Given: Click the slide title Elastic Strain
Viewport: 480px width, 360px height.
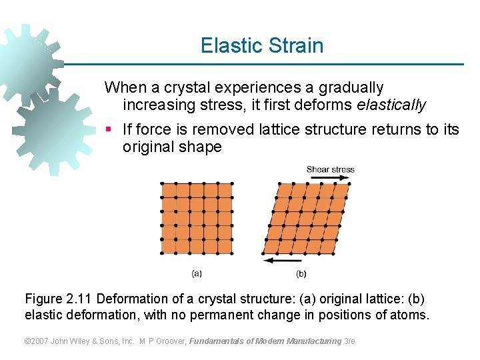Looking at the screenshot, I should [x=262, y=45].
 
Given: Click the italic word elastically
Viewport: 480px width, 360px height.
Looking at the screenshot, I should [x=391, y=105].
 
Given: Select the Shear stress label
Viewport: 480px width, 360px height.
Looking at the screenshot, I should [x=330, y=169].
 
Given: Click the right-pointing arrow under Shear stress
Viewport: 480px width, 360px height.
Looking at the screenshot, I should [x=330, y=179].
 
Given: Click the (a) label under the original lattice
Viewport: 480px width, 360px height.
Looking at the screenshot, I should [x=197, y=273].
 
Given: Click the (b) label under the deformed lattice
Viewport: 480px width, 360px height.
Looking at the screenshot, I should [x=301, y=273].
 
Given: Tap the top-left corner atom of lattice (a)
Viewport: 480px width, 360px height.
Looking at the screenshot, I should [x=162, y=183].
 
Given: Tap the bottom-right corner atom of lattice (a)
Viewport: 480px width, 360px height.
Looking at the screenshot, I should [x=232, y=253].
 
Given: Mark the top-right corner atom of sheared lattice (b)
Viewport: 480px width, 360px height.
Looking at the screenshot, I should [x=349, y=183].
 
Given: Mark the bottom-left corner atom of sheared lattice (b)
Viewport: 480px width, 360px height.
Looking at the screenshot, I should [x=264, y=253].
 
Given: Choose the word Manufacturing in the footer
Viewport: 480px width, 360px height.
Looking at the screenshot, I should [x=313, y=341].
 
